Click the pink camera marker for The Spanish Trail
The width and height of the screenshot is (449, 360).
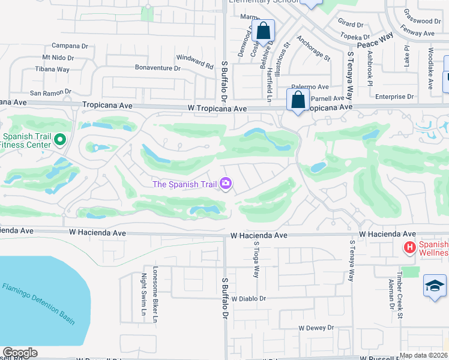(x=226, y=183)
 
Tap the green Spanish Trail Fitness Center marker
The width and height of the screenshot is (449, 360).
(x=59, y=140)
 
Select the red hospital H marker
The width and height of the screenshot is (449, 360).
(x=409, y=247)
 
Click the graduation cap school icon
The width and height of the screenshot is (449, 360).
(x=435, y=285)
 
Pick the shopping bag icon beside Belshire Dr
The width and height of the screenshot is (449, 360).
(x=263, y=30)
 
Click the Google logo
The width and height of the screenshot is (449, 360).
(x=20, y=353)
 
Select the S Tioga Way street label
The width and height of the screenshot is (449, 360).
(x=256, y=261)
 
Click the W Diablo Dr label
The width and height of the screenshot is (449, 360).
(x=248, y=298)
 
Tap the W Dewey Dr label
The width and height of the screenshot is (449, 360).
(x=316, y=328)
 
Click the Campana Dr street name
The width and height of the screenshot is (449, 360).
(x=70, y=45)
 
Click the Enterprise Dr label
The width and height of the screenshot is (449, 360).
(x=394, y=97)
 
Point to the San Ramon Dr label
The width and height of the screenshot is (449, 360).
(x=50, y=93)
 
